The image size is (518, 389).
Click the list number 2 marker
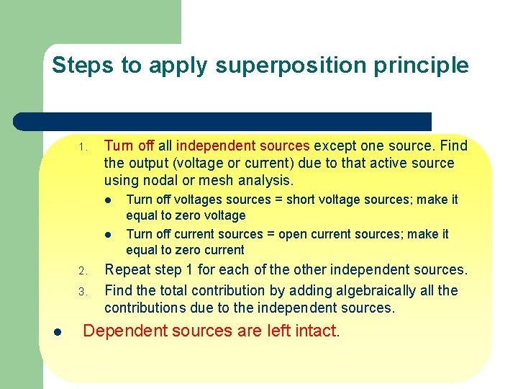tap(83, 272)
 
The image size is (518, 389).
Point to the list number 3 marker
tap(83, 292)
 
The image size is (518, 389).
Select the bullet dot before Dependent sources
tap(58, 332)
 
